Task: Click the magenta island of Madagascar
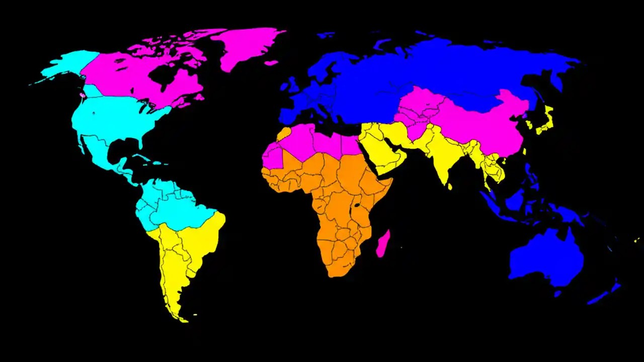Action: pos(383,243)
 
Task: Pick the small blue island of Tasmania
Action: pos(557,293)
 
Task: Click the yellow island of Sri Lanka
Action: pos(449,187)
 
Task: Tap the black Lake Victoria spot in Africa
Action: pos(357,205)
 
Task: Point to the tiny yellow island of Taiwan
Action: pos(524,151)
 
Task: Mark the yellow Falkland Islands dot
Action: pos(195,315)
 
